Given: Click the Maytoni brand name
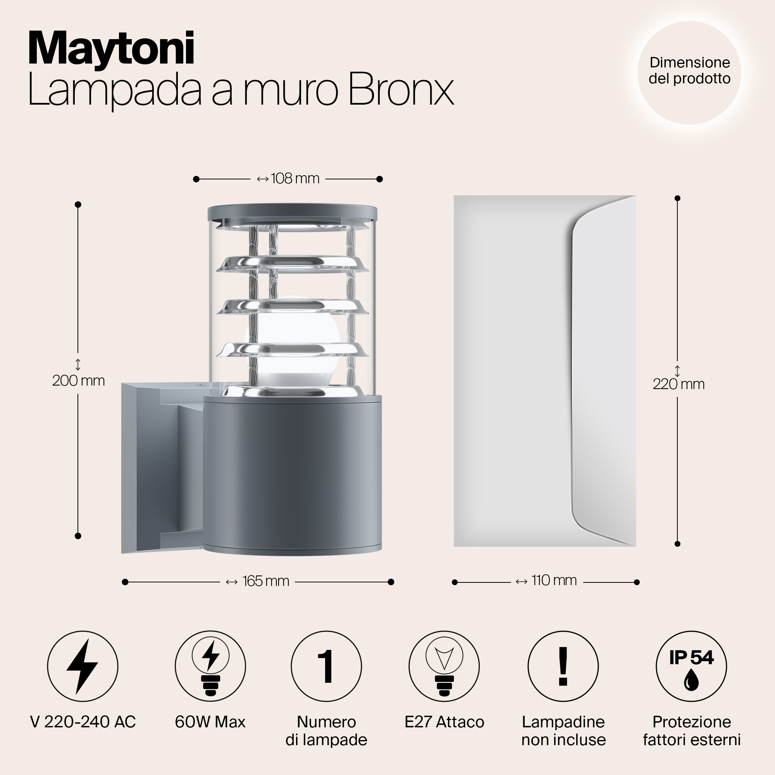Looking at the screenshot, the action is click(111, 49).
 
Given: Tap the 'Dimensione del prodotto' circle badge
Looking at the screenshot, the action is click(689, 72).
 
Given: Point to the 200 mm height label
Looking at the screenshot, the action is click(79, 380).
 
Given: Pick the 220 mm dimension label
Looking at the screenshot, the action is click(679, 384).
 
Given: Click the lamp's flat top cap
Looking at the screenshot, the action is click(293, 213).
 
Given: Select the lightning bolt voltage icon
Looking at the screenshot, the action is click(83, 666).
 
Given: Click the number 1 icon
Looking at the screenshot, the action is click(326, 666).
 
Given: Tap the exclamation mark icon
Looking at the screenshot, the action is click(563, 666).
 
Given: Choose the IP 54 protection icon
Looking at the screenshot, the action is click(691, 666).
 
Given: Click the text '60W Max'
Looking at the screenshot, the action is click(210, 722).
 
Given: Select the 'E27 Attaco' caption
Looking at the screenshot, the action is click(444, 722).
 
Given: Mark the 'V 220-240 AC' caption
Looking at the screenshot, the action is click(83, 722).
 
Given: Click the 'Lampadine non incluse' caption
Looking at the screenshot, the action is click(563, 731).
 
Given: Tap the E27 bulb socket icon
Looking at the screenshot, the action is click(444, 666).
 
